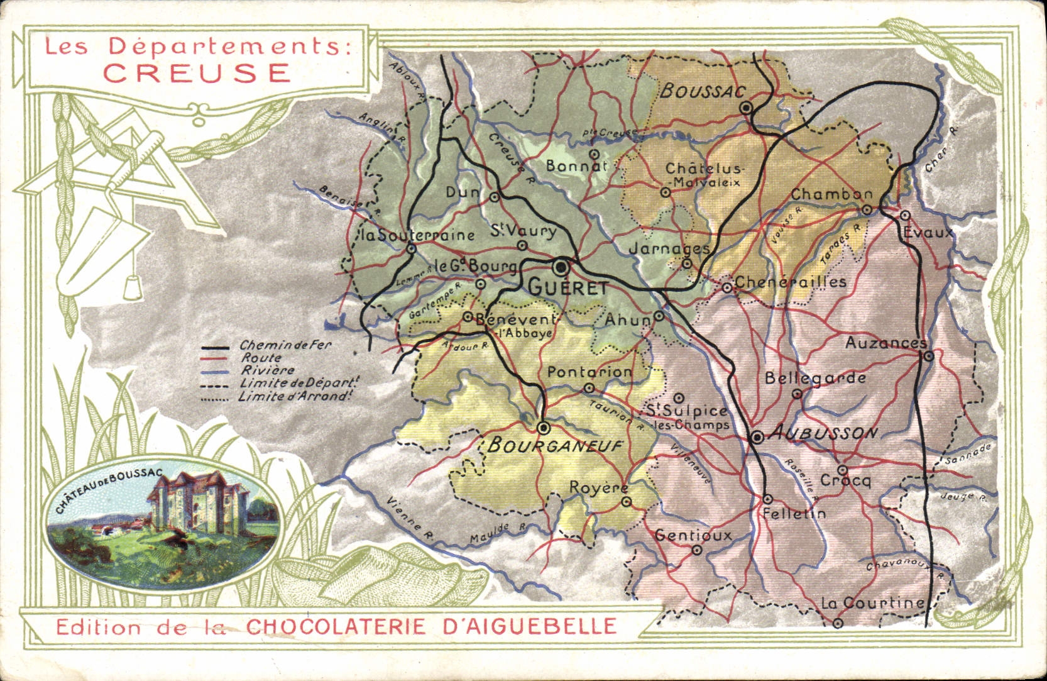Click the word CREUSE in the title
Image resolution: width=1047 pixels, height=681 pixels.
[x=197, y=72]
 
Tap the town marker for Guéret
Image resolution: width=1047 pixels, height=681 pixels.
[x=561, y=267]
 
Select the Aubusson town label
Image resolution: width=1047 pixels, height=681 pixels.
[x=823, y=433]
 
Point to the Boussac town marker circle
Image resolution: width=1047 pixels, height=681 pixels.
[x=746, y=108]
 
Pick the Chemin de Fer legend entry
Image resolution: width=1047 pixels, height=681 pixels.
[x=285, y=345]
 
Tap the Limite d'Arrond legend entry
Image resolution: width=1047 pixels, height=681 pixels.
[x=294, y=397]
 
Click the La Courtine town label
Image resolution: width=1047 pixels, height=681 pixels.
[x=872, y=602]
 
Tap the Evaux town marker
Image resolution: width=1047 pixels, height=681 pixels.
[x=905, y=215]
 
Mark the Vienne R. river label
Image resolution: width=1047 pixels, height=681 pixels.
[x=410, y=519]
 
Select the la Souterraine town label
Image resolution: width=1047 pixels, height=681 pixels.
[x=417, y=235]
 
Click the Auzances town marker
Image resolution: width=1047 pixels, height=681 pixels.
[x=928, y=356]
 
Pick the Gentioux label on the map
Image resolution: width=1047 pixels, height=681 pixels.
[x=693, y=535]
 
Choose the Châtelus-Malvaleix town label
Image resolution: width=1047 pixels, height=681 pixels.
[x=704, y=175]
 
